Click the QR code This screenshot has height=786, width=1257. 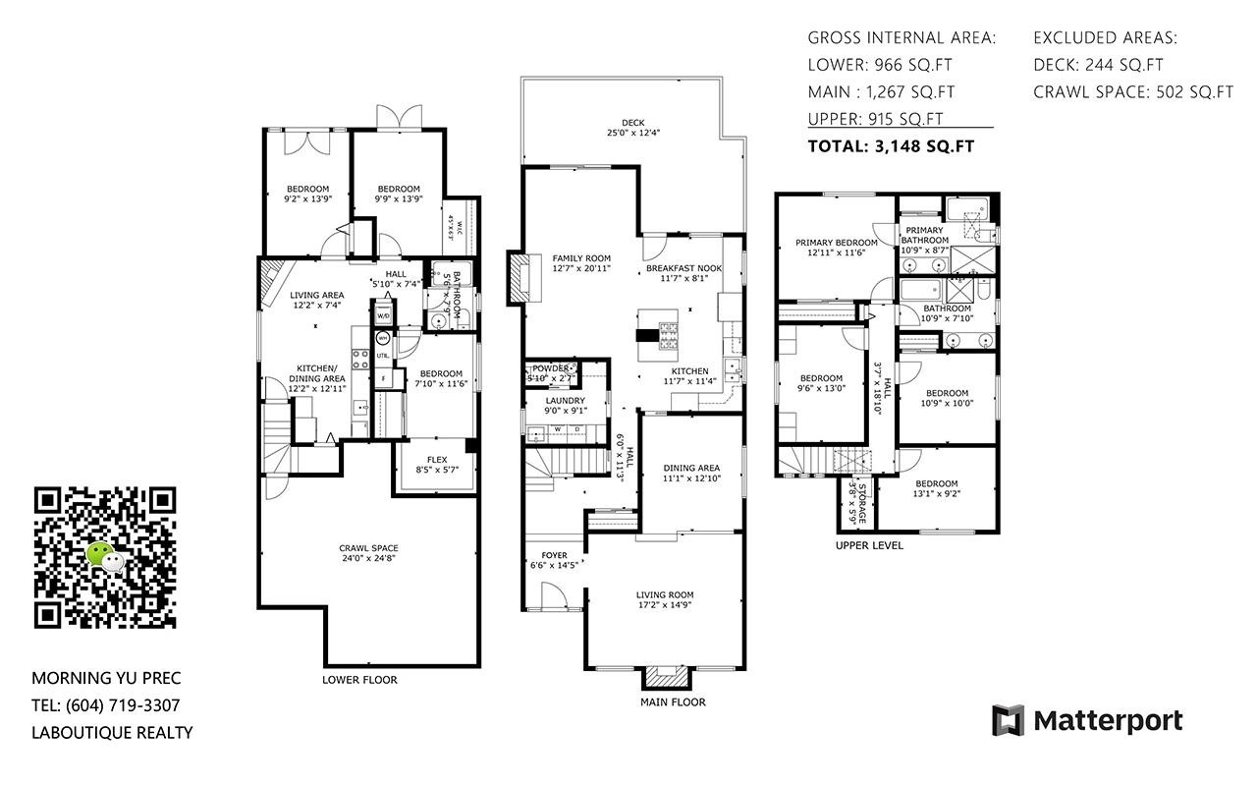[x=105, y=557]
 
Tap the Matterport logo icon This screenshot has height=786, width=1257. [x=1008, y=720]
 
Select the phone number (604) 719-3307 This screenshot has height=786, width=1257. [x=123, y=705]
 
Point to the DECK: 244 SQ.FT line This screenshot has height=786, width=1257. [x=1098, y=65]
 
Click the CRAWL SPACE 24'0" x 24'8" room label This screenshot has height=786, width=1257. [x=368, y=554]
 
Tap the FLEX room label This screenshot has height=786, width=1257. [x=437, y=465]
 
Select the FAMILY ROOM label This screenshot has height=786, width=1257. [x=581, y=262]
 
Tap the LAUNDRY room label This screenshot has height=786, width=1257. [x=566, y=405]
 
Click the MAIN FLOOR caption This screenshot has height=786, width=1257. [x=673, y=702]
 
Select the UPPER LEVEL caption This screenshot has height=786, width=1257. [x=869, y=545]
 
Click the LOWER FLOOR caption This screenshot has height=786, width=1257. [x=359, y=680]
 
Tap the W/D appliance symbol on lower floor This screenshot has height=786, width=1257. [x=383, y=316]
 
